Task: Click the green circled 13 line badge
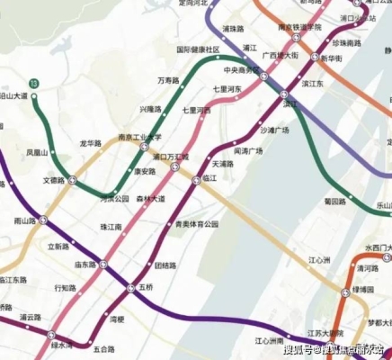34,84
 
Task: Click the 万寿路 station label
168,80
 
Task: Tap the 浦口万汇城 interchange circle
175,166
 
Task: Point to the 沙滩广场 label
274,130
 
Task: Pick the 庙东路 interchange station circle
103,265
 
